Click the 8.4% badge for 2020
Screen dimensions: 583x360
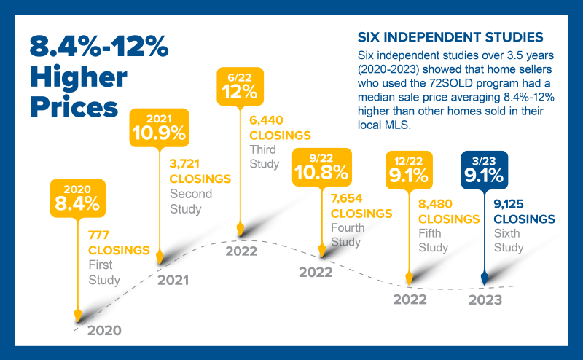[78, 198]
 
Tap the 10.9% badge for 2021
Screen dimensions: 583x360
[159, 128]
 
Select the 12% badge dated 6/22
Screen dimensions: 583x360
[240, 86]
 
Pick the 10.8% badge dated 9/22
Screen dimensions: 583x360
[321, 167]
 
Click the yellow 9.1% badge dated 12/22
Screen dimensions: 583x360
[409, 170]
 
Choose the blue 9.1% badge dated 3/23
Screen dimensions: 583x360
[484, 170]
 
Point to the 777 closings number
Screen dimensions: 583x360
[98, 235]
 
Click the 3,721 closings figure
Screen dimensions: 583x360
[184, 164]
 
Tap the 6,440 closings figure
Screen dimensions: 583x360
[266, 120]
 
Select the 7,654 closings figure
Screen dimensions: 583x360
[347, 198]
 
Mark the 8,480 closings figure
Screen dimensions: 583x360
[435, 204]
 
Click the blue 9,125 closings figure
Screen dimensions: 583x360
[509, 204]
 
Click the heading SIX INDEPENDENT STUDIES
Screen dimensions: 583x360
[450, 37]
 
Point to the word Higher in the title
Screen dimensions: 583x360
[79, 77]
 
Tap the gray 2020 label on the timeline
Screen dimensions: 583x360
[104, 330]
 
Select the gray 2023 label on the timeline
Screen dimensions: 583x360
[485, 300]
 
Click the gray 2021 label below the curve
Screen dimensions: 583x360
[173, 280]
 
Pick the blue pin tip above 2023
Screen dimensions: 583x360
[484, 284]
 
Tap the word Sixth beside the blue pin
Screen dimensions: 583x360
[506, 233]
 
